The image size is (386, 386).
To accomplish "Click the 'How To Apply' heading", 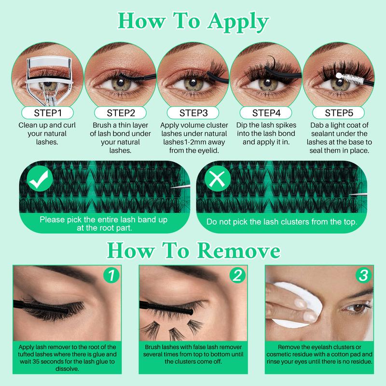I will point(193,22).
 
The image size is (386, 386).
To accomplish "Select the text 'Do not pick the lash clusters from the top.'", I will point(281,222).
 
